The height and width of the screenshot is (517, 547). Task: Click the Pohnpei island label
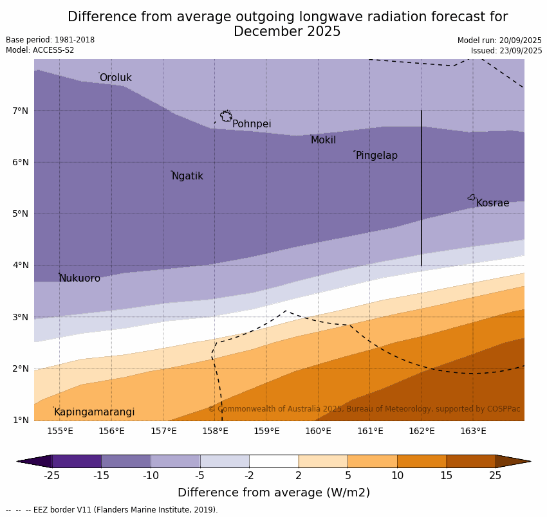252,124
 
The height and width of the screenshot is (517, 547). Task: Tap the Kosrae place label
492,203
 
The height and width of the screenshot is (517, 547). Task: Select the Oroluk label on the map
115,78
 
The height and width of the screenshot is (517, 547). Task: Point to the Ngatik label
187,176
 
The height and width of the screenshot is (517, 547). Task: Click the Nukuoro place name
80,278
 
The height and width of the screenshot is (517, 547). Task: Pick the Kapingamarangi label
94,412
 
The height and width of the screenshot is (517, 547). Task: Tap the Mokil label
323,140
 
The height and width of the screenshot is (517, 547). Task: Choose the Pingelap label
376,156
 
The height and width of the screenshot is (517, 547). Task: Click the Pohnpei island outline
226,116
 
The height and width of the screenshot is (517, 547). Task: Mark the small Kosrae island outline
472,197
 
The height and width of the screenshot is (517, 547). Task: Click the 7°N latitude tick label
21,111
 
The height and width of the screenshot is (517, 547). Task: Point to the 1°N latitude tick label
21,420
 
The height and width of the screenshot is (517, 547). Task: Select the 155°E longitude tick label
60,431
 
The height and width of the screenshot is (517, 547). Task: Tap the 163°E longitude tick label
473,431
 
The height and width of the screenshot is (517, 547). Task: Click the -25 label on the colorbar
51,476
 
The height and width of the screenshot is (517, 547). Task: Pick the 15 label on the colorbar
447,476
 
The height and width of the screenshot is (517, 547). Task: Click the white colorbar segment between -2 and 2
273,461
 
